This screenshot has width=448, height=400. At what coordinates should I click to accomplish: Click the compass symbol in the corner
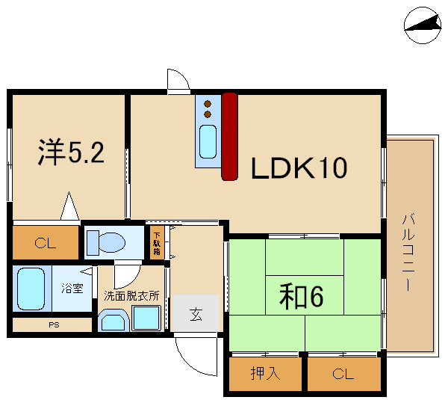coord(423,25)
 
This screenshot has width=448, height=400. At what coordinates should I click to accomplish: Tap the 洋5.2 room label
coord(71,152)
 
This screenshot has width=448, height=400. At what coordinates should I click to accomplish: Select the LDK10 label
coord(299,167)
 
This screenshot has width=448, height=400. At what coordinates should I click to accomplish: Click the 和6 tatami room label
coord(302,297)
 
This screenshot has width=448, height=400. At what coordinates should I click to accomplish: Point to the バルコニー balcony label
coord(408,252)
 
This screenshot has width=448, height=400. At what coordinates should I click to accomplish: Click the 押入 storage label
coord(265,373)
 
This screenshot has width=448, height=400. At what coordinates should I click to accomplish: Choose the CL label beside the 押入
coord(343,374)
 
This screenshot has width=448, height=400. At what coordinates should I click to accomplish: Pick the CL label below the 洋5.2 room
coord(45,244)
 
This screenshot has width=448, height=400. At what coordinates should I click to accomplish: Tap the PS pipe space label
coord(54,324)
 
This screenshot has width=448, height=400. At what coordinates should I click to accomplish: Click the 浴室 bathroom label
coord(72,289)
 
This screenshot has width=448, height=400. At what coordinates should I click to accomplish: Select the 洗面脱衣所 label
coord(131,296)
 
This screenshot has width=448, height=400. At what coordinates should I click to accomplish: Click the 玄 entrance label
coord(196,314)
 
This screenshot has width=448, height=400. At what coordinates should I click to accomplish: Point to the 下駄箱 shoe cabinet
coord(157,243)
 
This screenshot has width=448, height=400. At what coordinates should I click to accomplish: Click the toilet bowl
coord(106,242)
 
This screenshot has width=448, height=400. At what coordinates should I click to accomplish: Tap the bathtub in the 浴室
coord(31,289)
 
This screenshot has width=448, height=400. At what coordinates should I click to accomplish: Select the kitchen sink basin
coord(208,142)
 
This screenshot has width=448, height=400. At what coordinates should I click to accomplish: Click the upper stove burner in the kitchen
coord(208,104)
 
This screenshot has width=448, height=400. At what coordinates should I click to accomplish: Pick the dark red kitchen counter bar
coord(230,137)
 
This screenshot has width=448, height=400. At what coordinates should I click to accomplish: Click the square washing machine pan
coord(146,318)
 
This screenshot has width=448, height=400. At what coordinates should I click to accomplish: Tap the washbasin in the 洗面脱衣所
coord(113,321)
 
